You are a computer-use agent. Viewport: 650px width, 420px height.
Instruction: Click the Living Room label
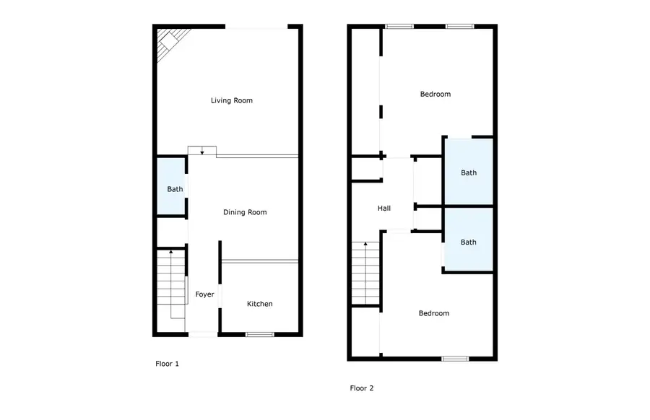coord(232,100)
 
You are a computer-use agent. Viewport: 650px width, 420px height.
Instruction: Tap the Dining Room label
coord(245,212)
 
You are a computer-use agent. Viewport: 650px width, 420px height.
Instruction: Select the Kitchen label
coord(260,304)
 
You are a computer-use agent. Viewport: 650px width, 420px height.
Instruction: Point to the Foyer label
coord(204,294)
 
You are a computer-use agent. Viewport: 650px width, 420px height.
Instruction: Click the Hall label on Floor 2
coord(384,209)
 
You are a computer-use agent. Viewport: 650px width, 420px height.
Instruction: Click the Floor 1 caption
coord(167,364)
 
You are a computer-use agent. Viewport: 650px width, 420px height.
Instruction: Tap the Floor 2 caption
coord(362,388)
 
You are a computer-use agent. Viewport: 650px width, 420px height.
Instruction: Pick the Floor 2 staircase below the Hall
coord(365,274)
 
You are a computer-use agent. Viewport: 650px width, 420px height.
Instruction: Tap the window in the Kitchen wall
coord(259,334)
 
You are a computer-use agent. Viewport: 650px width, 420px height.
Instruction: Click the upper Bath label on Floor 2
coord(469,172)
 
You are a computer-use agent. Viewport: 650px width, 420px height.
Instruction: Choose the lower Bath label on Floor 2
coord(469,242)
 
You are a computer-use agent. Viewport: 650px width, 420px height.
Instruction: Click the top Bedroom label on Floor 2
coord(435,94)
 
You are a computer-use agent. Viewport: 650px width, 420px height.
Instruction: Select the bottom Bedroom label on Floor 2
coord(434,313)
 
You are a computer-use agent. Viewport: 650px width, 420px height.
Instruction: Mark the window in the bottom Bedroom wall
coord(455,358)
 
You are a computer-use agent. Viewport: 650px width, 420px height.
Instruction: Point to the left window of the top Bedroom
coord(399,27)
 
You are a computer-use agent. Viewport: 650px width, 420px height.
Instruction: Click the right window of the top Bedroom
coord(459,27)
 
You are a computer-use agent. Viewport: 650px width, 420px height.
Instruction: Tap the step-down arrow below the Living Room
coord(202,150)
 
